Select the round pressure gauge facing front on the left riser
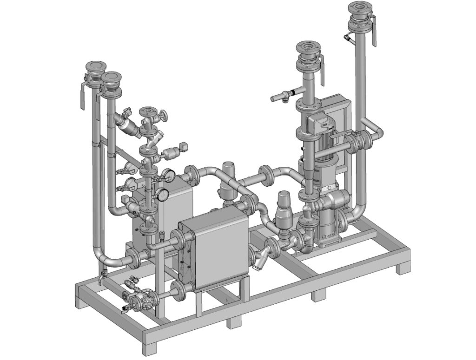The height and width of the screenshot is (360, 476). point(163,194)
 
